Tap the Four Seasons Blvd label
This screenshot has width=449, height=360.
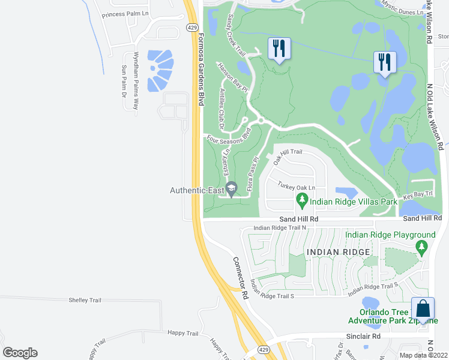[x=228, y=136]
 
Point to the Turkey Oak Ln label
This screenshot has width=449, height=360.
[x=296, y=187]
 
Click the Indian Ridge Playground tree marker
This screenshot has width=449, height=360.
[x=421, y=246]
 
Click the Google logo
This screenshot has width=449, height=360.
[x=20, y=353]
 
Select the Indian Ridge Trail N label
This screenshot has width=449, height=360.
[x=280, y=227]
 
